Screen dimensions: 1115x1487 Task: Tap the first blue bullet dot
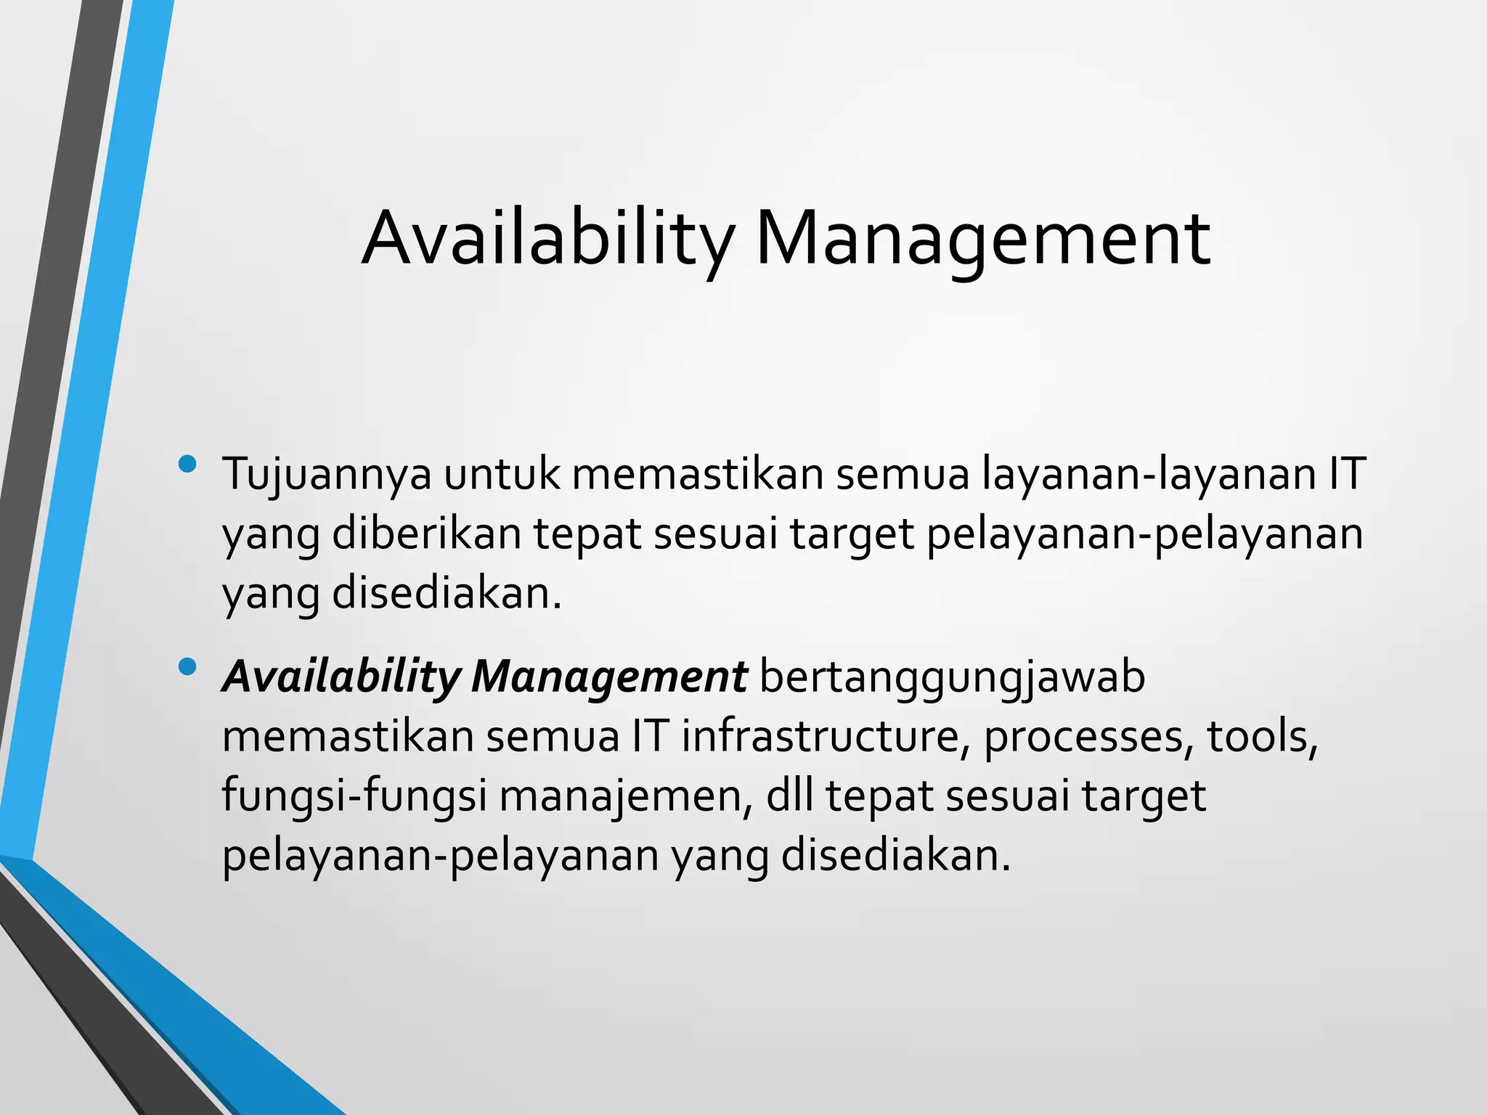point(187,464)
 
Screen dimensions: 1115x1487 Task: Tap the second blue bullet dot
point(187,666)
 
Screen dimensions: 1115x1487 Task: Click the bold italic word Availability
point(341,678)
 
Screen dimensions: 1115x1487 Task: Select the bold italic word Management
point(609,678)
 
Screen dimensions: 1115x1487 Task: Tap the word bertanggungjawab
point(952,678)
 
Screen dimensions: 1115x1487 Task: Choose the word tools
point(1262,736)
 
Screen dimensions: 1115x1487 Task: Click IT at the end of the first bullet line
point(1348,474)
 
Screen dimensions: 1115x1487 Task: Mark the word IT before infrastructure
point(649,736)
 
